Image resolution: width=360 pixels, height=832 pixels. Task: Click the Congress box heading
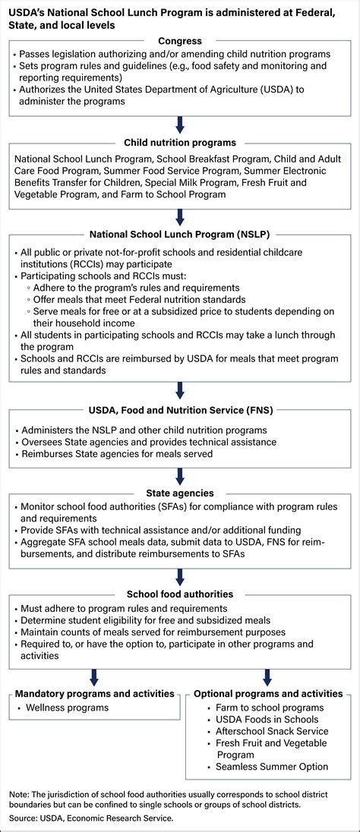click(x=180, y=40)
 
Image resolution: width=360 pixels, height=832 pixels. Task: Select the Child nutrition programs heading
click(x=180, y=141)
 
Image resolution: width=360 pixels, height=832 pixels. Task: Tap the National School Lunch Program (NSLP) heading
click(x=180, y=235)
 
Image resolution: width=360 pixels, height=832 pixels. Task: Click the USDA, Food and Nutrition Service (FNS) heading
click(x=180, y=410)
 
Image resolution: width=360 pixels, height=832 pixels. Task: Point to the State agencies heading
click(x=180, y=492)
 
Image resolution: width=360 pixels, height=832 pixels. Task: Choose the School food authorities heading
click(x=180, y=594)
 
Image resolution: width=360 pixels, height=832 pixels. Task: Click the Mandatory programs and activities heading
click(x=93, y=693)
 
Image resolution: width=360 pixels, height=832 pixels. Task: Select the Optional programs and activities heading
click(x=268, y=693)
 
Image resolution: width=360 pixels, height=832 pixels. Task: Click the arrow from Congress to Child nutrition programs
click(x=180, y=124)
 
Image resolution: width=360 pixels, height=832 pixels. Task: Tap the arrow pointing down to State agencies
click(x=180, y=475)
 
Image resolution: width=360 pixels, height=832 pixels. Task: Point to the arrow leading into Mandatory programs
click(x=93, y=676)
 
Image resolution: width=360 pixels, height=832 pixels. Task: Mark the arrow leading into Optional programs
click(x=268, y=676)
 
